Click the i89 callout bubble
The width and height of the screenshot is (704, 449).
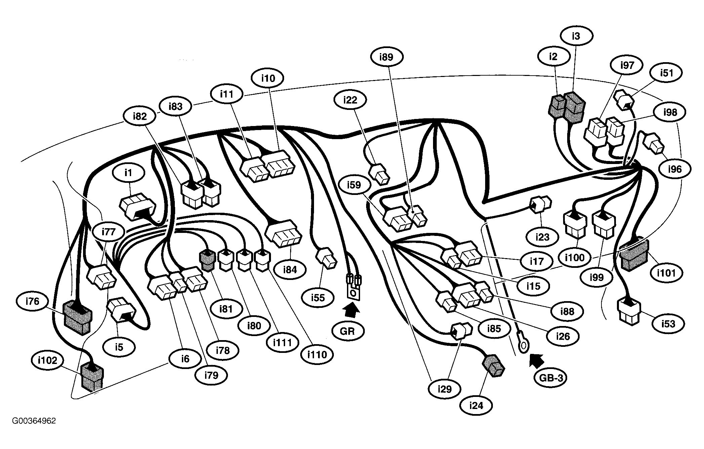click(x=386, y=57)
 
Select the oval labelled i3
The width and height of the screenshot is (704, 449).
click(x=576, y=36)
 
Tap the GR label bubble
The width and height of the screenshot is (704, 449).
click(x=347, y=331)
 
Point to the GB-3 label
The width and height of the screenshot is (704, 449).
click(x=551, y=378)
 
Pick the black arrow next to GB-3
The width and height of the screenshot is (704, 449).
click(x=537, y=361)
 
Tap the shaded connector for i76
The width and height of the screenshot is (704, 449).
click(x=77, y=317)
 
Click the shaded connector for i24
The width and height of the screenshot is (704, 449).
click(x=493, y=365)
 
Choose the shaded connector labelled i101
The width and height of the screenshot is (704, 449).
click(x=634, y=256)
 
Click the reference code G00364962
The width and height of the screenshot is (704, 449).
click(x=34, y=421)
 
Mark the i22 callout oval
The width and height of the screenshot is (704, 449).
click(x=350, y=100)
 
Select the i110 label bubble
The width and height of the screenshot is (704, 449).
click(x=317, y=354)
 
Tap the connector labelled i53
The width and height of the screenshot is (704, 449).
click(x=629, y=311)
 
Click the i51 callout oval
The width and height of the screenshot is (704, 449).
click(x=666, y=73)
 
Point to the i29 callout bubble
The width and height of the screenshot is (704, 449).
click(x=444, y=389)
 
